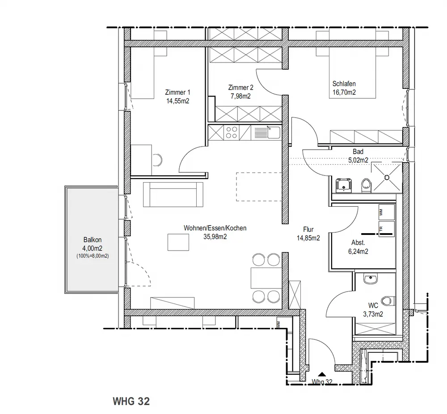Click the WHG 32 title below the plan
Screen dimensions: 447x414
(131, 401)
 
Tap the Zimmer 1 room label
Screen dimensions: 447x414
(177, 92)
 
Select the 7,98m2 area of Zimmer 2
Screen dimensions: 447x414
(240, 96)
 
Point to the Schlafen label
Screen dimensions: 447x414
(344, 84)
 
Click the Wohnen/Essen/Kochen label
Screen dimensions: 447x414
(215, 228)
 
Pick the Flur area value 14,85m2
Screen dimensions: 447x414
(308, 238)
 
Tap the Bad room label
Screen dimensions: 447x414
(358, 151)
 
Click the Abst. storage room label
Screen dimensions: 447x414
(358, 243)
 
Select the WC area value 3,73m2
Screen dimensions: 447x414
(373, 314)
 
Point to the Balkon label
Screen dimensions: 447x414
(93, 240)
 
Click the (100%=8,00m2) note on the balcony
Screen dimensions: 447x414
(93, 256)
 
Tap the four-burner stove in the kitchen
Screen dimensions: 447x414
(231, 133)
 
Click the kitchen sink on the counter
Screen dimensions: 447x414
(274, 133)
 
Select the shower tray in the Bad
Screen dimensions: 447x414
(387, 177)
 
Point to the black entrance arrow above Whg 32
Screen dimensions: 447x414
(322, 374)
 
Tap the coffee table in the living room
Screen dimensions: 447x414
(178, 242)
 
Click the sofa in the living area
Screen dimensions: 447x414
(173, 194)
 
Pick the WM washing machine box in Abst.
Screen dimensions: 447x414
(387, 212)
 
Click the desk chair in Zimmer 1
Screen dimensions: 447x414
(157, 160)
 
